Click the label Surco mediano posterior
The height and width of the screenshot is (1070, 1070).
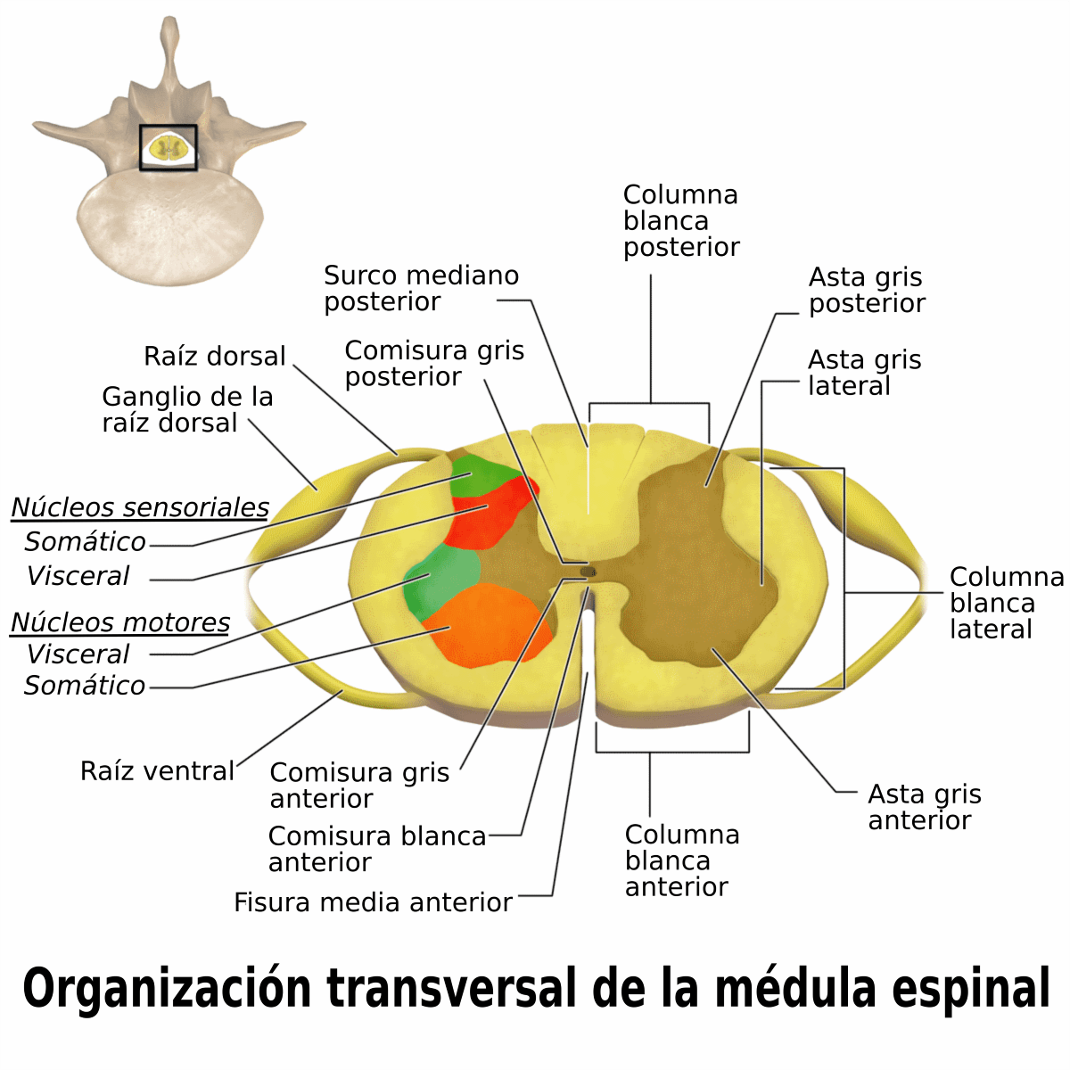(x=421, y=288)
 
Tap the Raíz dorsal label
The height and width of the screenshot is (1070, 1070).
(x=214, y=356)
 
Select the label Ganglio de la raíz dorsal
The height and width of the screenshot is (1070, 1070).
(x=187, y=410)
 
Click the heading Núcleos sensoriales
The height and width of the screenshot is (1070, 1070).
(x=140, y=507)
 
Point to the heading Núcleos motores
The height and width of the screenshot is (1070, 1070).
(x=120, y=621)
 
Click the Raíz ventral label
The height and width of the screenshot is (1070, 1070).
(x=157, y=770)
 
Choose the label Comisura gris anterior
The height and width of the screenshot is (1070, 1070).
(x=359, y=786)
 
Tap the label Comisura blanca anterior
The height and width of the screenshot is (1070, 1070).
(x=377, y=849)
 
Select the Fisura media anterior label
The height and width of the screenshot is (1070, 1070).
(x=373, y=902)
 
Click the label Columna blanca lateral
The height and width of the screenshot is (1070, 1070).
(x=1007, y=603)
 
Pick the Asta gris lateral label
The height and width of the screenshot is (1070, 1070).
(x=865, y=373)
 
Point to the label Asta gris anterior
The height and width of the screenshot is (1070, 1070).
(x=925, y=807)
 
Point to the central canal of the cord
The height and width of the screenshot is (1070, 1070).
(x=588, y=571)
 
